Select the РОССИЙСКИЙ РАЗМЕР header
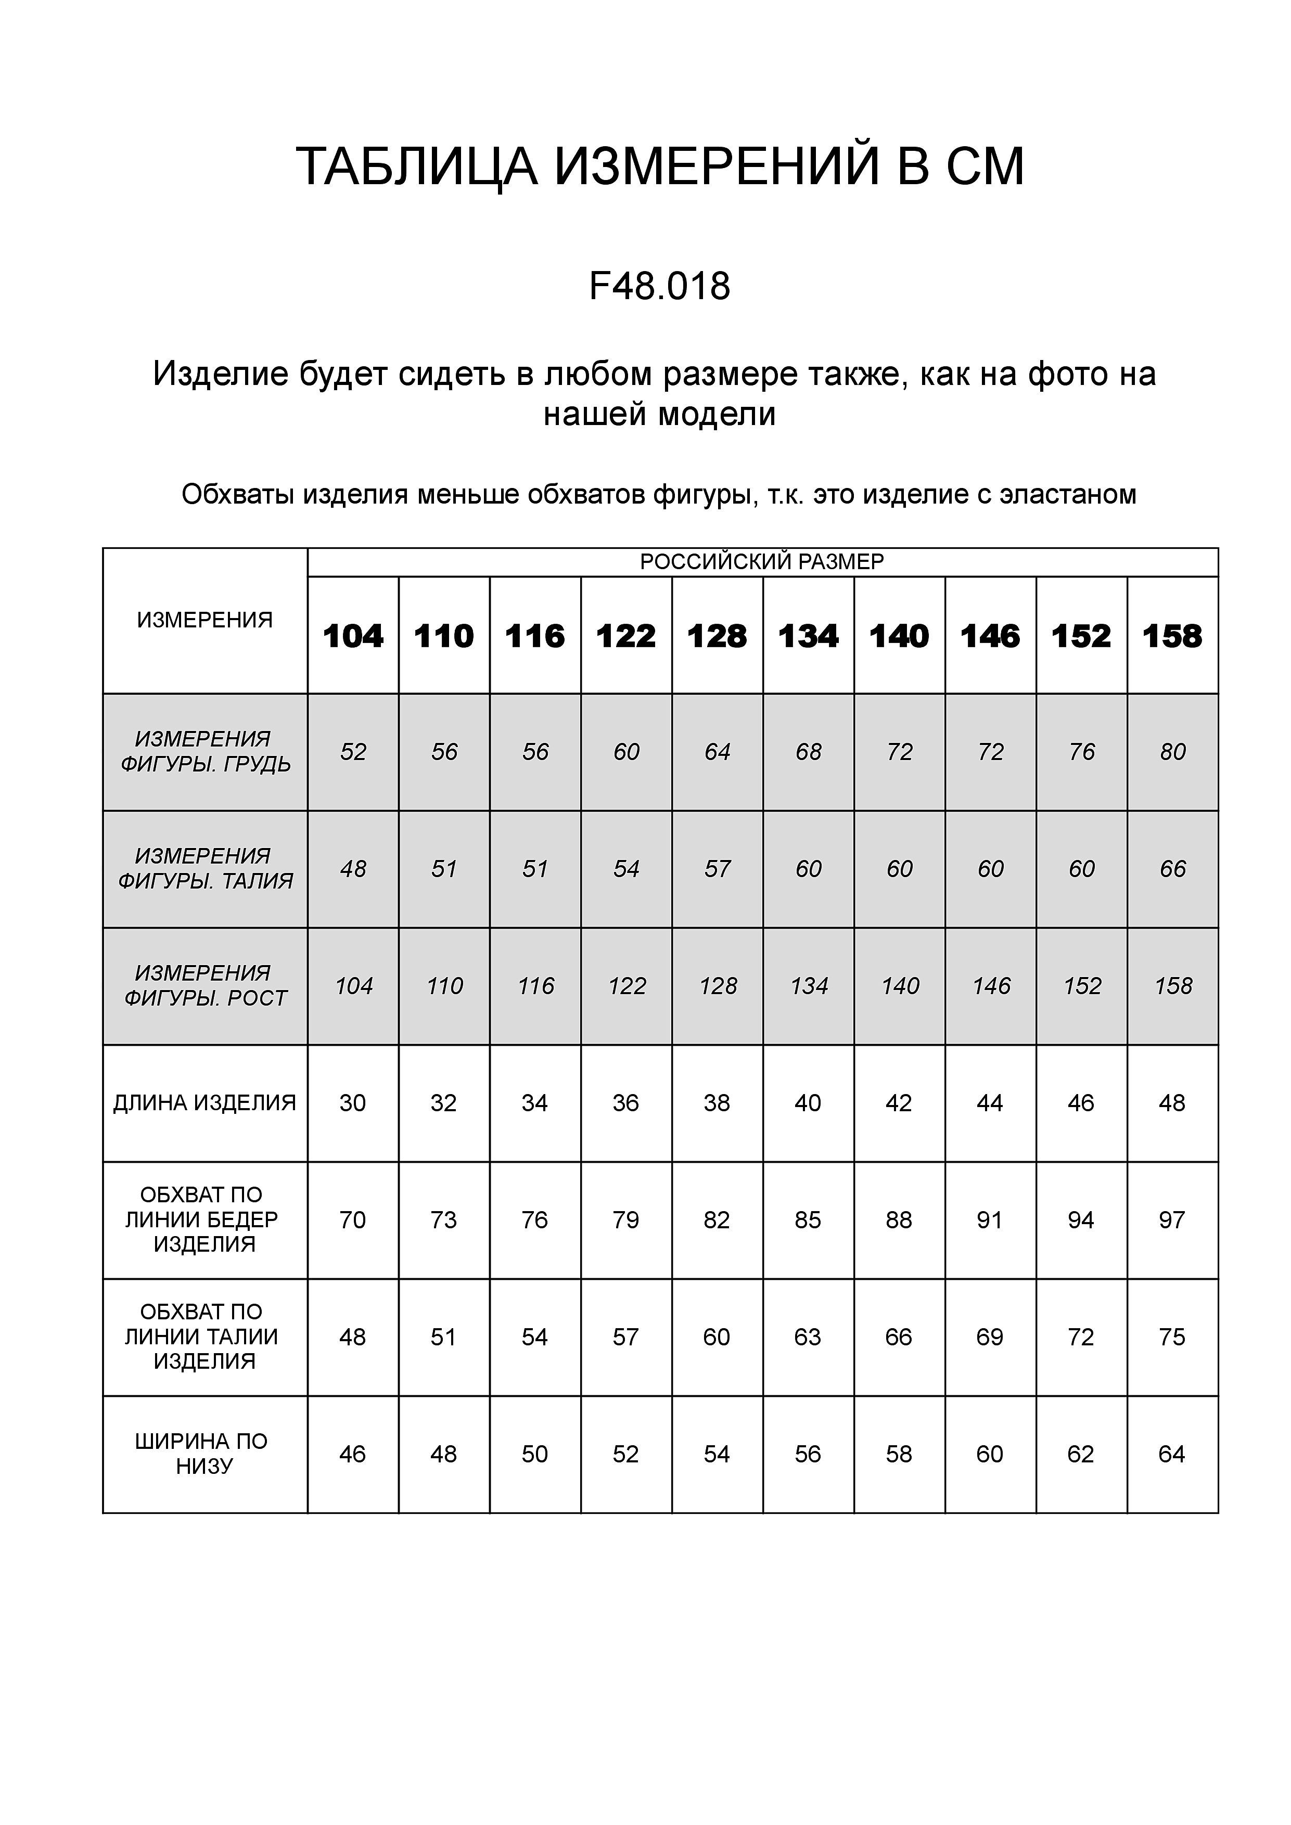pos(762,562)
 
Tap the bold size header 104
pos(353,636)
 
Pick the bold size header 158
pos(1172,636)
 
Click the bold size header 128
pos(717,636)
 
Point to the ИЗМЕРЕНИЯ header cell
pos(205,620)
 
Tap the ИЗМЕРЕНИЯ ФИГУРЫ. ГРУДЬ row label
pos(205,751)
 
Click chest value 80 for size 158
pos(1172,752)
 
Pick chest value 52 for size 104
pos(353,752)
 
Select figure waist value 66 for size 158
pos(1172,869)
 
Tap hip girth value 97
pos(1172,1219)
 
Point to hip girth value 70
pos(352,1219)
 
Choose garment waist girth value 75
pos(1172,1337)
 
